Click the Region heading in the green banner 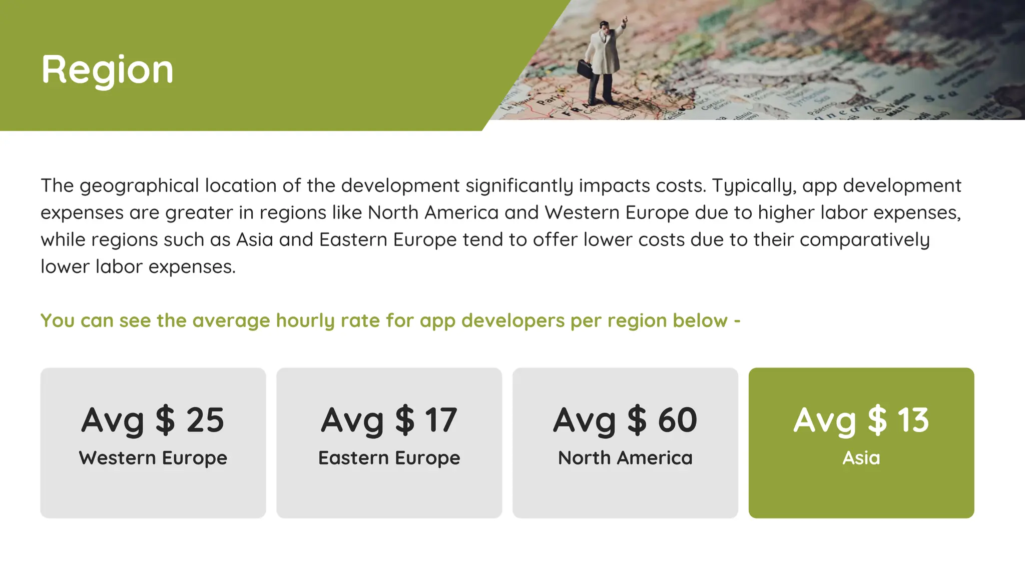tap(107, 69)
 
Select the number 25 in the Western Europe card tap(205, 420)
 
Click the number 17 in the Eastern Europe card tap(441, 420)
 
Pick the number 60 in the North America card tap(677, 420)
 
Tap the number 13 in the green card tap(913, 420)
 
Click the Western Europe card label tap(153, 458)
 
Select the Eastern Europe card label tap(389, 458)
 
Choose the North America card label tap(625, 458)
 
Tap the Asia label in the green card tap(861, 458)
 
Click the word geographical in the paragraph tap(139, 186)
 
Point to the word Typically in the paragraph tap(754, 186)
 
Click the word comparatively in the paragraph tap(864, 240)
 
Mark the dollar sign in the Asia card tap(877, 420)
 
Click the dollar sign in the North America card tap(637, 420)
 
